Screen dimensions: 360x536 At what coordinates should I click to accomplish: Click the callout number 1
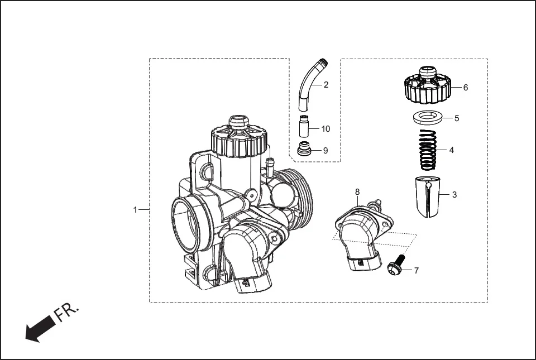coord(135,210)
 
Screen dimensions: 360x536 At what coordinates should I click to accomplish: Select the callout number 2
coord(326,85)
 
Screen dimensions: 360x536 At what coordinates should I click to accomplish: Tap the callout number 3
coord(454,195)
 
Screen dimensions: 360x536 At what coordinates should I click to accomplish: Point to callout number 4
coord(452,150)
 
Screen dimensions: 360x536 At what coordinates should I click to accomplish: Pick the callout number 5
coord(457,118)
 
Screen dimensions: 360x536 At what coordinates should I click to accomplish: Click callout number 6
coord(466,88)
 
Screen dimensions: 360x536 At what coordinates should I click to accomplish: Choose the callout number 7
coord(416,271)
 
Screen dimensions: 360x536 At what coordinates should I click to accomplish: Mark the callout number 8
coord(357,191)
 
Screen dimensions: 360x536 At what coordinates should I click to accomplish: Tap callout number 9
coord(326,151)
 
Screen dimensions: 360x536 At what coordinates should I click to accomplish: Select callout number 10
coord(326,129)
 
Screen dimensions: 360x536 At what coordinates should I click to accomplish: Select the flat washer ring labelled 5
coord(428,118)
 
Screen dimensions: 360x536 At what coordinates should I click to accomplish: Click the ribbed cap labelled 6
coord(427,87)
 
